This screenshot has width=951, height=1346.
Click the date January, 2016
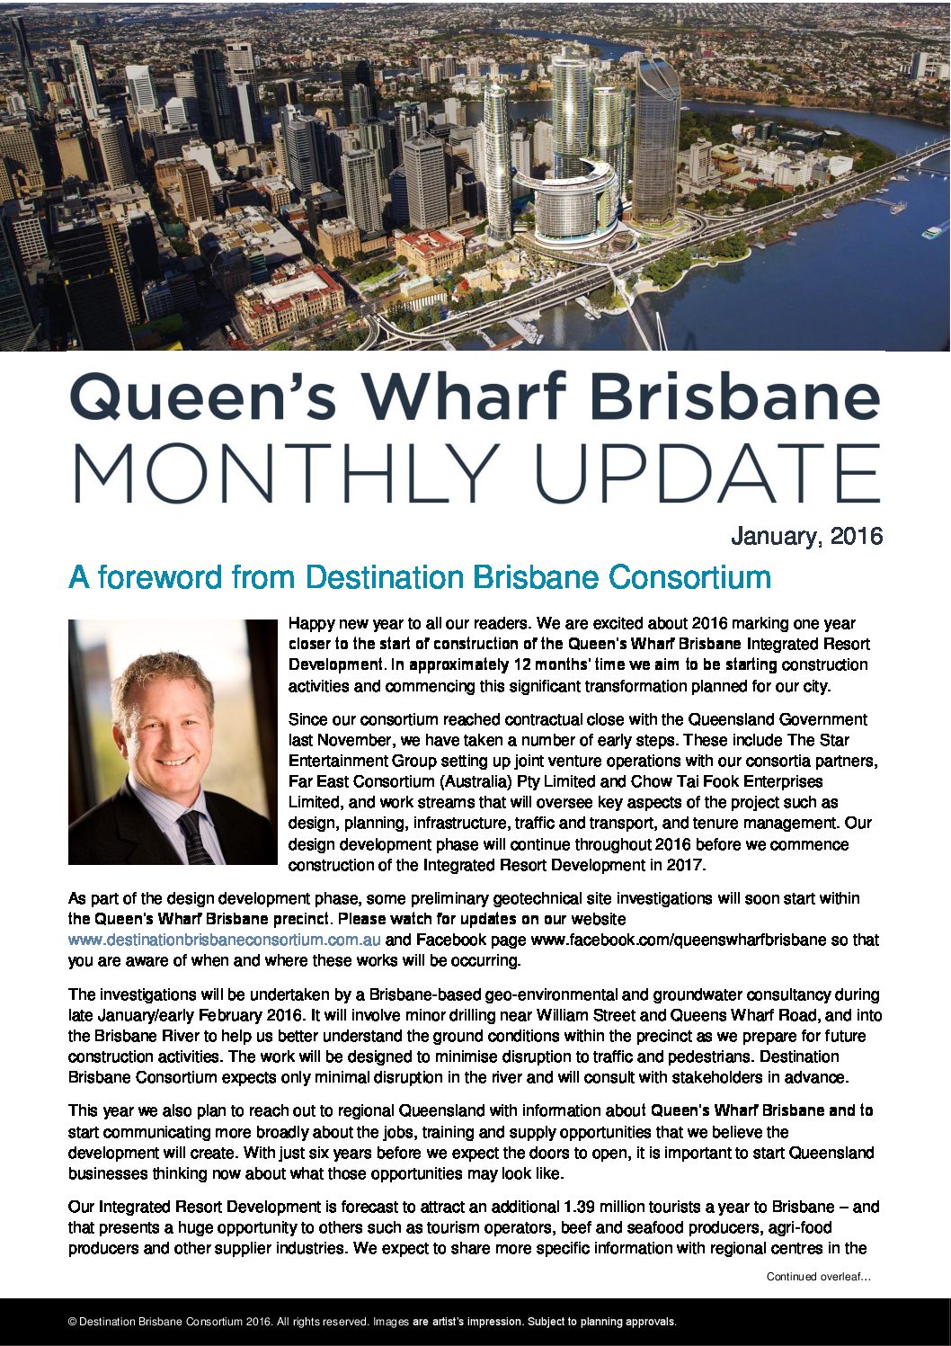pos(806,537)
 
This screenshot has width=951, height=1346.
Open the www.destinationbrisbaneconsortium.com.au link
pos(225,940)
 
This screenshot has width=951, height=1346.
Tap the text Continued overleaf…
pos(818,1276)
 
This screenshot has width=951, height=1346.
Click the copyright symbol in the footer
pos(72,1322)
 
